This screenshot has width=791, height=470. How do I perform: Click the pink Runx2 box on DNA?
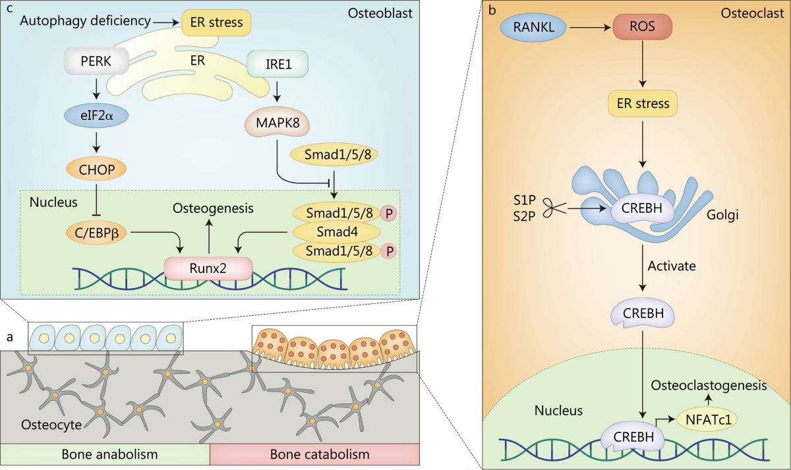click(209, 268)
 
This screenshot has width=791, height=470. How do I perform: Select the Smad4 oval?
click(336, 231)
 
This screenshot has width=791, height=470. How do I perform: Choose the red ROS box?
click(642, 28)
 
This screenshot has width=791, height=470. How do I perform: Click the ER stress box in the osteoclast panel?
click(643, 103)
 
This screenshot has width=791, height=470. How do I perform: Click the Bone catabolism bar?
click(314, 455)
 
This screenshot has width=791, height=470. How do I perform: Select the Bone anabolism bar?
click(105, 455)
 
